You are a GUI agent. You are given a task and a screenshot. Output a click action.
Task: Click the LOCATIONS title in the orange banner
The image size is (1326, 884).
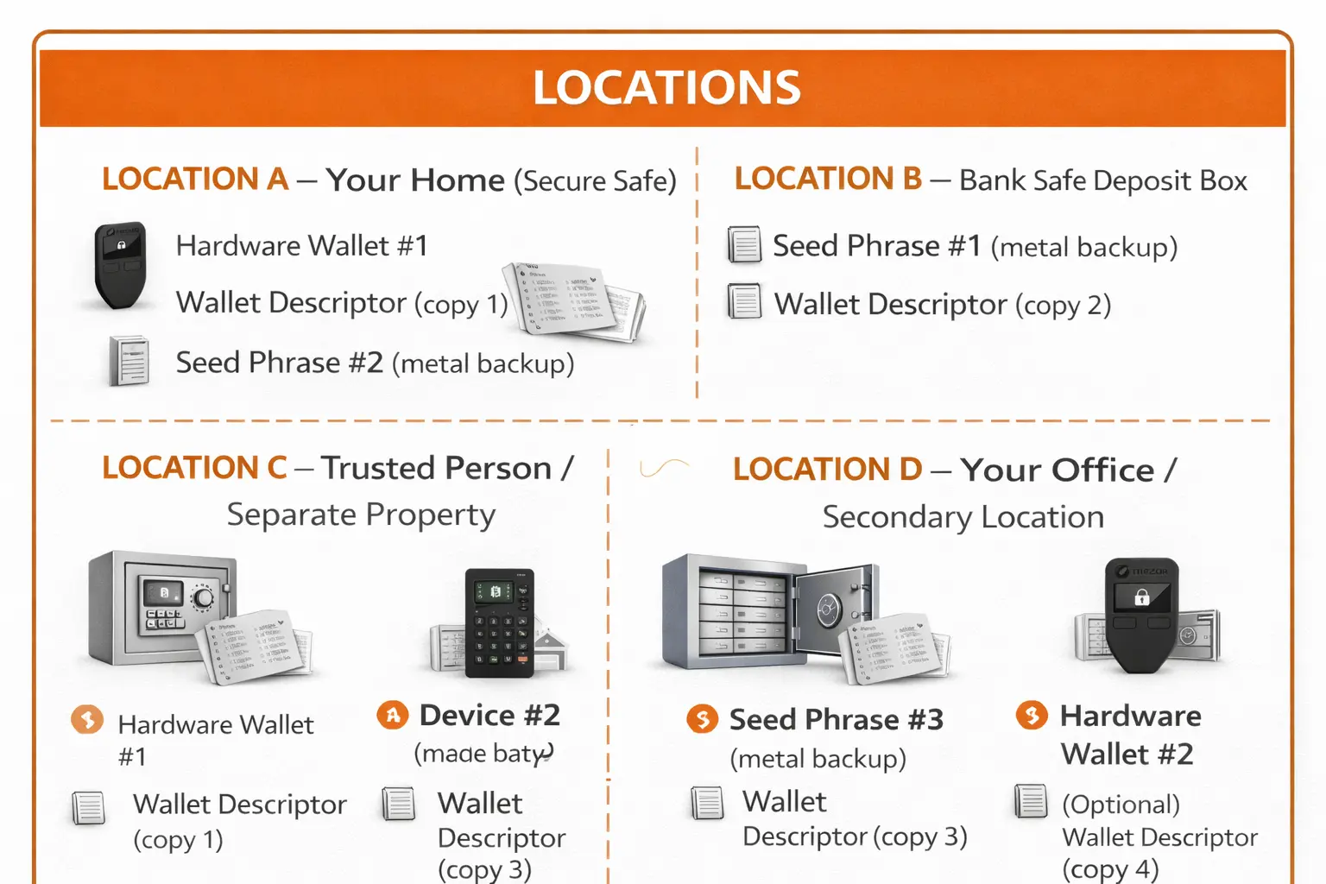coord(666,88)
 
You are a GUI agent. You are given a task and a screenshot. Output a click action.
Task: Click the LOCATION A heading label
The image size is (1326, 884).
coord(195,179)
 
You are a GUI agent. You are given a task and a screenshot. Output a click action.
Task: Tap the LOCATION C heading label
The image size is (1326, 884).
coord(194,468)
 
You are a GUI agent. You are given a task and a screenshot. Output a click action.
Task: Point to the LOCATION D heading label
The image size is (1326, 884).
coord(827,469)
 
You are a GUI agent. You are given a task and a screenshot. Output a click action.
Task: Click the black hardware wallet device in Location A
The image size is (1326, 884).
coord(120,264)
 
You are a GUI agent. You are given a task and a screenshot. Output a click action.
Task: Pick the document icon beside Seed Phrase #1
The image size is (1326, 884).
coord(744,245)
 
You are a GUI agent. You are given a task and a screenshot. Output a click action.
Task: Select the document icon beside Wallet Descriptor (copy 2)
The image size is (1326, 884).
coord(744,302)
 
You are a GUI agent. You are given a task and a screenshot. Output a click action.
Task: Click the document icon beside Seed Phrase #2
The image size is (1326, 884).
coord(129,361)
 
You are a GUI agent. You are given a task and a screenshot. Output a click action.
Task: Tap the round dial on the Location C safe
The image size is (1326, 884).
coord(203,598)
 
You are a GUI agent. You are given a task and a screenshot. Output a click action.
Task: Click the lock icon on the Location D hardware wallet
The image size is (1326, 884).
coord(1141,597)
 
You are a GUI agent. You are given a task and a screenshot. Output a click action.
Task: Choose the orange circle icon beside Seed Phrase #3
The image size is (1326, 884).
coord(702,718)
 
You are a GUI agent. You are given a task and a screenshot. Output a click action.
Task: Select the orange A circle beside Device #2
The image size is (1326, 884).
coord(393,715)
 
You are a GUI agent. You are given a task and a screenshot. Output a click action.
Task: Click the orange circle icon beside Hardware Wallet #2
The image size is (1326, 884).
coord(1032,715)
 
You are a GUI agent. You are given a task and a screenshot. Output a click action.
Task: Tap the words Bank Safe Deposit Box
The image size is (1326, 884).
coord(1102,180)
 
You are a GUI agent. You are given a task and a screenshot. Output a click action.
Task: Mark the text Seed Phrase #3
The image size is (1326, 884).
coord(836,719)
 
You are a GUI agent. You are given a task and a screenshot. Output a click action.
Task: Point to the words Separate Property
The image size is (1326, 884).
coord(361,515)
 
